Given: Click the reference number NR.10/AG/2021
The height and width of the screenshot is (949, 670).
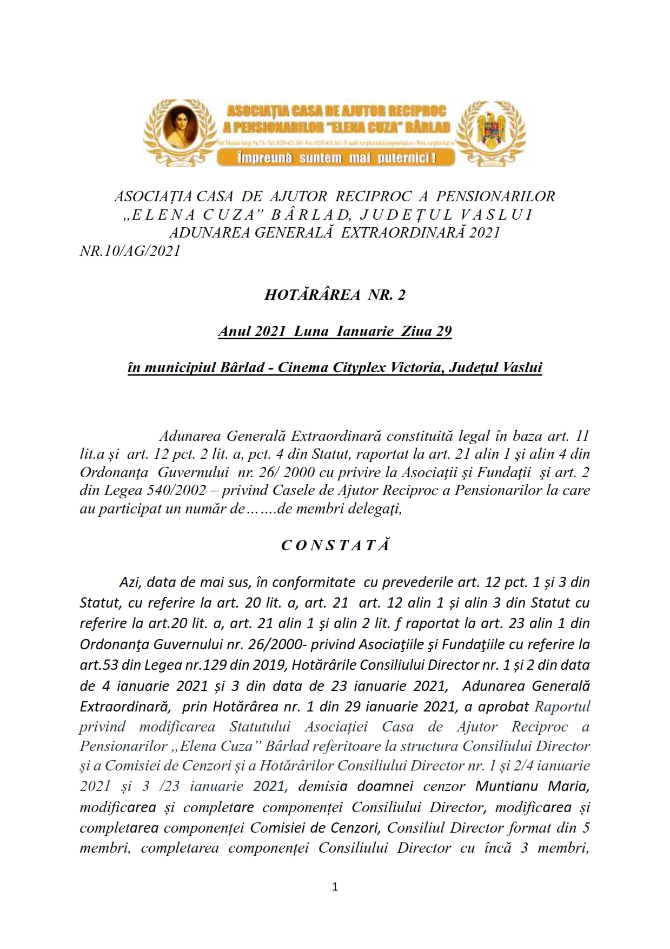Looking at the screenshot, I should coord(130,251).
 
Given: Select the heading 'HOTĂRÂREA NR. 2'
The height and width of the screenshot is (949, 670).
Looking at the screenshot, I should coord(335,295).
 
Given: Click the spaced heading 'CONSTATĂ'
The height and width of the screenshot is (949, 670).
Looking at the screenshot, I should coord(335,545).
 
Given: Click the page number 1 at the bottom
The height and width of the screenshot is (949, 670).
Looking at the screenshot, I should coord(335,886).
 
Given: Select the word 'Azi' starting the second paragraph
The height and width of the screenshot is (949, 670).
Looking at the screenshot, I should coord(130,583).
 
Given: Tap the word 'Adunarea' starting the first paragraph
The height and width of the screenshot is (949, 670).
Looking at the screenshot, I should coord(190,436).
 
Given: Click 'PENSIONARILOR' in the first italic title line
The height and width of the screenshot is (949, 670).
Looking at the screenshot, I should coord(495,196).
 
